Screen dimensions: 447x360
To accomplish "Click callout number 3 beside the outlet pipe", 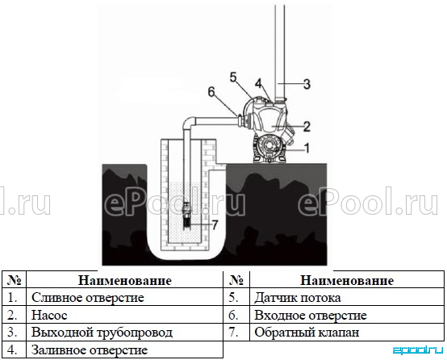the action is click(307, 84).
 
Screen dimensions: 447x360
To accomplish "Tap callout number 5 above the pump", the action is click(233, 77).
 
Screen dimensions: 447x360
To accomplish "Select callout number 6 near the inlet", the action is click(211, 92).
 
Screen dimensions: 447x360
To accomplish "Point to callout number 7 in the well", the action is click(215, 224).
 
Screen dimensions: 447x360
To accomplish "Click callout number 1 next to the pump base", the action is click(307, 148).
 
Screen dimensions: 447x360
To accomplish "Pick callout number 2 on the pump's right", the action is click(307, 127).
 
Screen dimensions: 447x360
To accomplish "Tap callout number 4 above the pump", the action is click(258, 84).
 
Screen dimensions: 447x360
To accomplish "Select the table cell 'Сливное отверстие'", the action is click(88, 298).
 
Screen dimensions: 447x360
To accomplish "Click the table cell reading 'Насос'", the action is click(49, 316).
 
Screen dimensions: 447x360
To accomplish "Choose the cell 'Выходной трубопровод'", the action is click(102, 333).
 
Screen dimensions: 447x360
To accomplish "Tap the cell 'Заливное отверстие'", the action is click(90, 350).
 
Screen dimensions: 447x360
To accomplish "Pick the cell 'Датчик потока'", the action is click(298, 298).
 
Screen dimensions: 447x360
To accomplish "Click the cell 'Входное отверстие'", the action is click(311, 316).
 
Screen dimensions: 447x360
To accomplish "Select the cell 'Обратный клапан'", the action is click(307, 333).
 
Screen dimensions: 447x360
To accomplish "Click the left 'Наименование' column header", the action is click(125, 280).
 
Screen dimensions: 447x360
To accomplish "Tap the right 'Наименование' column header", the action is click(347, 280).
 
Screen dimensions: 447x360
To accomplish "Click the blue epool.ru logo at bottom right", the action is click(418, 350).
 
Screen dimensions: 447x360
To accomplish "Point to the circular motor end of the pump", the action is click(269, 146).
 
